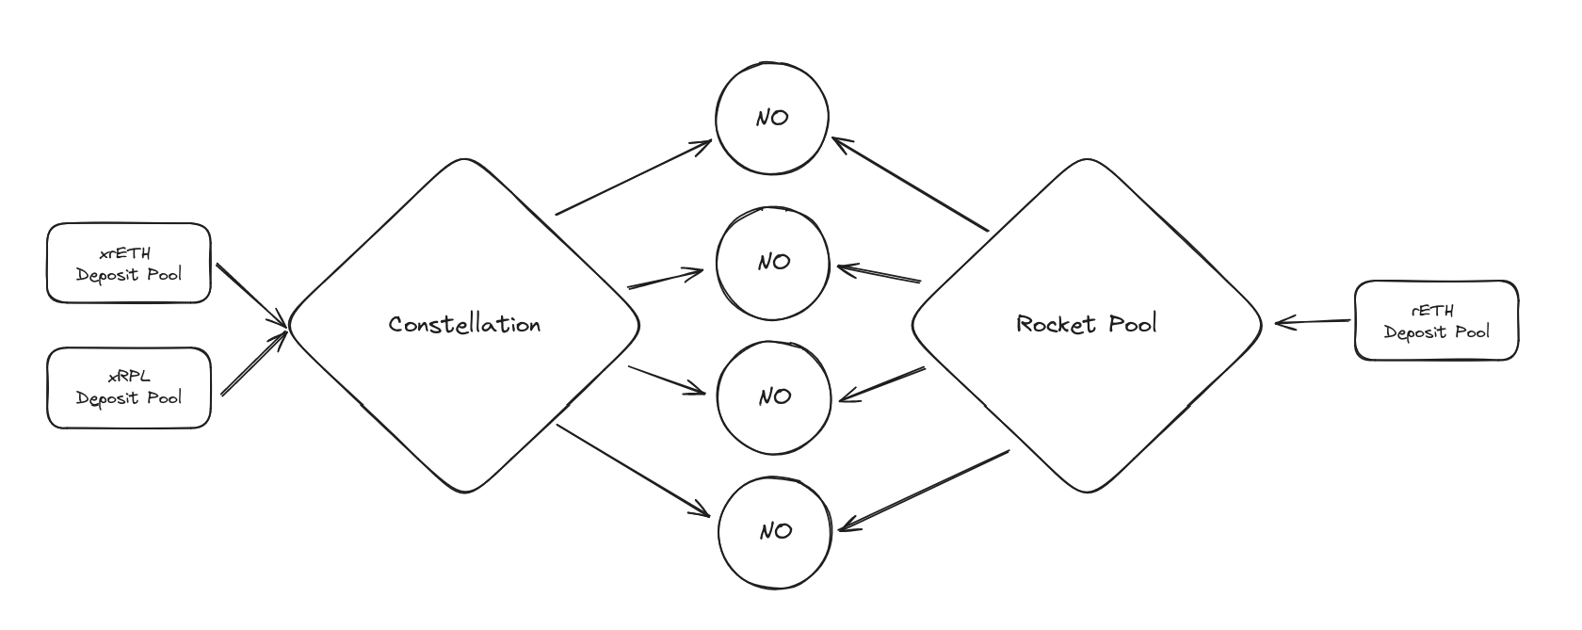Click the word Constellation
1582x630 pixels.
tap(465, 324)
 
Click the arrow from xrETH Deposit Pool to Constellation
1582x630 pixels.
tap(252, 296)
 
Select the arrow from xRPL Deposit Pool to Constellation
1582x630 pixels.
tap(254, 363)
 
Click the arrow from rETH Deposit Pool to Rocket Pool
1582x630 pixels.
tap(1313, 322)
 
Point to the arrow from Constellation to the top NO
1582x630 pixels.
tap(634, 177)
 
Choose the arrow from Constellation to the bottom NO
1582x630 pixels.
tap(633, 471)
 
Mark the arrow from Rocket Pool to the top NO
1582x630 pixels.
tap(911, 184)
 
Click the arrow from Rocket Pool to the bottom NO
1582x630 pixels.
tap(924, 490)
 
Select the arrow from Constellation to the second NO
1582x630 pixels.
tap(665, 279)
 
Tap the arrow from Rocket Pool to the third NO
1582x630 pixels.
tap(882, 384)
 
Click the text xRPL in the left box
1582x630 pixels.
tap(129, 377)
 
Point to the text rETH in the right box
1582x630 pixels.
tap(1432, 311)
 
